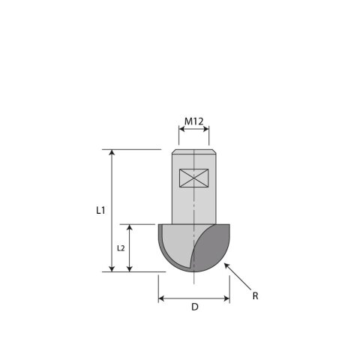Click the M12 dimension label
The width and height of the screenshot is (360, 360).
pyautogui.click(x=194, y=121)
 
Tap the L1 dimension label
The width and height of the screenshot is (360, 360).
pyautogui.click(x=100, y=211)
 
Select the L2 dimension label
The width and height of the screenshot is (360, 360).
pyautogui.click(x=121, y=248)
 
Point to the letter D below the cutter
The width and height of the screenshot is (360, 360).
pyautogui.click(x=195, y=307)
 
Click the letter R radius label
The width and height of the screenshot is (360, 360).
pyautogui.click(x=255, y=296)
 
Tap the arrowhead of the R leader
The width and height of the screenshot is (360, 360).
pyautogui.click(x=226, y=265)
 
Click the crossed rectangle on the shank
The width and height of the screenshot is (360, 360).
pyautogui.click(x=193, y=178)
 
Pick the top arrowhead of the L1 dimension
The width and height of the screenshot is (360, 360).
pyautogui.click(x=112, y=152)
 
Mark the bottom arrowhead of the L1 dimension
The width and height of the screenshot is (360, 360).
pyautogui.click(x=112, y=268)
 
